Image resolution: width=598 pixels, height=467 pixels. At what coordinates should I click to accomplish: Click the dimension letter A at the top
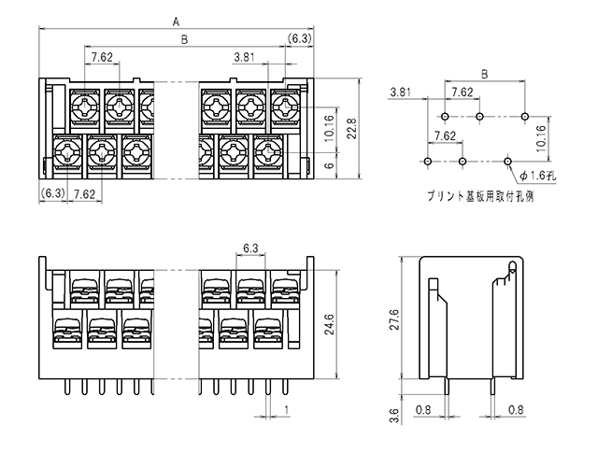click(x=176, y=22)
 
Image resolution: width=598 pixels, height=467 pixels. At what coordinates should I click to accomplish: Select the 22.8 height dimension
click(x=352, y=129)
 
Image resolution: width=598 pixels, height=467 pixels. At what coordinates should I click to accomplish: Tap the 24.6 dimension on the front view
click(x=329, y=324)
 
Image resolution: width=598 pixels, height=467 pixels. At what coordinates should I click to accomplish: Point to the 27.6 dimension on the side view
click(x=394, y=319)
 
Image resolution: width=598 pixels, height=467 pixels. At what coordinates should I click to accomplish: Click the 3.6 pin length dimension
click(x=395, y=416)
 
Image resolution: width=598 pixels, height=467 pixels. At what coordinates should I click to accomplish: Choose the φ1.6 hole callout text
click(x=538, y=176)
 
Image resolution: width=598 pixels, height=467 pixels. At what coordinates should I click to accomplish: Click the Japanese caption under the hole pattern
click(x=480, y=196)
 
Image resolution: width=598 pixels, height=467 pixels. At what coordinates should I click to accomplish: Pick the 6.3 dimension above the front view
click(x=250, y=248)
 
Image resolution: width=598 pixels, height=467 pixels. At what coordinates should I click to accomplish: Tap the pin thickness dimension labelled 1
click(x=287, y=410)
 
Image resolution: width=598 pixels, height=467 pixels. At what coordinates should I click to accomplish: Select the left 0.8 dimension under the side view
click(x=423, y=410)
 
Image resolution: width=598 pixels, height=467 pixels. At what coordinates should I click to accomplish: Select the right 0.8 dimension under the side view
click(x=516, y=410)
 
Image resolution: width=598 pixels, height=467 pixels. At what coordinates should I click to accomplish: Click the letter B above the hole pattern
click(x=485, y=74)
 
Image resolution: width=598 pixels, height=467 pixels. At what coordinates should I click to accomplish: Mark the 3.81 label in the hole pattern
click(x=401, y=92)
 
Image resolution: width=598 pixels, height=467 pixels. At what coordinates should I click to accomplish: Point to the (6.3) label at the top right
click(x=299, y=38)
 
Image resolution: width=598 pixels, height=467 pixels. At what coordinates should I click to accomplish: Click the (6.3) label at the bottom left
click(x=53, y=193)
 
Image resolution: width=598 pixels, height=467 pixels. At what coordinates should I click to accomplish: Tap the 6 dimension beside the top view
click(x=330, y=165)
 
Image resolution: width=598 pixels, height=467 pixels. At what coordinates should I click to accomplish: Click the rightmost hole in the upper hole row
click(x=525, y=116)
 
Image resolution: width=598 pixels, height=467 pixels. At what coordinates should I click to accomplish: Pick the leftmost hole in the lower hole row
click(x=428, y=162)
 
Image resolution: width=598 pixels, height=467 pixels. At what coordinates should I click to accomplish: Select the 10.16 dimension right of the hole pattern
click(x=542, y=138)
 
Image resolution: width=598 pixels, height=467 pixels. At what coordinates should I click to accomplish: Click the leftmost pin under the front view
click(x=67, y=387)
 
